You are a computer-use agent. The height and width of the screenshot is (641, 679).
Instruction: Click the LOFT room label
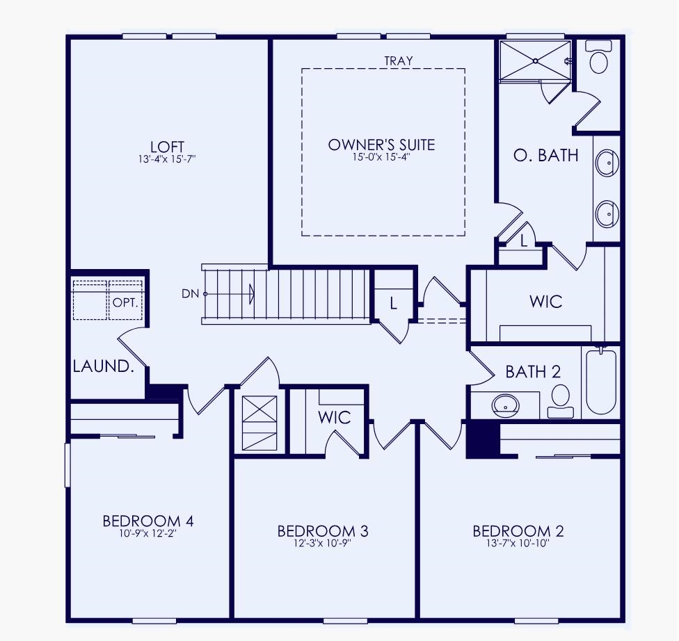click(168, 147)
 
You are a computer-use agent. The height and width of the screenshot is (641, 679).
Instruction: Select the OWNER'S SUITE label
click(381, 145)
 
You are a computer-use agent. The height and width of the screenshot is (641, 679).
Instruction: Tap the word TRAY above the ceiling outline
click(398, 61)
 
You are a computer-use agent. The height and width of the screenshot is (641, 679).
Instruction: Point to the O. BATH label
click(545, 155)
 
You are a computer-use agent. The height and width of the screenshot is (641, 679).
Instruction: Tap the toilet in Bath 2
click(560, 401)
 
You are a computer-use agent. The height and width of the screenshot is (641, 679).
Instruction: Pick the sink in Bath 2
click(505, 405)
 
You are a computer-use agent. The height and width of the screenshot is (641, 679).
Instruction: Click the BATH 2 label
click(533, 372)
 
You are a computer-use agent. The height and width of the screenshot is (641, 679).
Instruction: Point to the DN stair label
click(190, 293)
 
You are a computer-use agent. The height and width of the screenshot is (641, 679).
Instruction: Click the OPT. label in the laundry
click(126, 304)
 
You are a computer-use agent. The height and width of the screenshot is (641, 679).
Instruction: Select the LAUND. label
click(103, 366)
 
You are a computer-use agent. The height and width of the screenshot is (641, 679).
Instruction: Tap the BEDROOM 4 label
click(147, 521)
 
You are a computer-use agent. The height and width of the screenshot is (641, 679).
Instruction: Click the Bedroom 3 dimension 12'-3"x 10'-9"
click(322, 544)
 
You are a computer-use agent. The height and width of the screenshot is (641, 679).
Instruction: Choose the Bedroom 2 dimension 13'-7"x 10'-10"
click(518, 544)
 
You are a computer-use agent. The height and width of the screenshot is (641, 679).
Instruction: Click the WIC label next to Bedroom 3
click(335, 418)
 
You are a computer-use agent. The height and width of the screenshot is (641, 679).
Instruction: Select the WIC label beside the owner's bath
click(545, 302)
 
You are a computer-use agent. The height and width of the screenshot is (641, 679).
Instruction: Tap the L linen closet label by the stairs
click(393, 303)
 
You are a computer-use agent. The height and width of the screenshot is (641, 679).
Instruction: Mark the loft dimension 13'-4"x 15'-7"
click(168, 159)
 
